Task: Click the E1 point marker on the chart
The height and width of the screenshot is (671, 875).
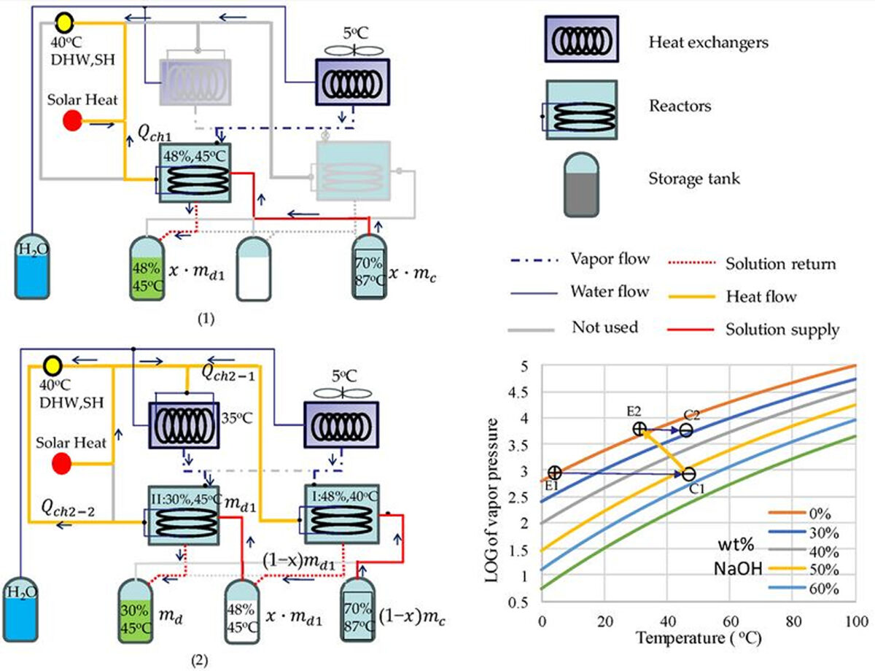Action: click(x=554, y=473)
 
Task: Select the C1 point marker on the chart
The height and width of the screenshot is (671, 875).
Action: click(x=688, y=474)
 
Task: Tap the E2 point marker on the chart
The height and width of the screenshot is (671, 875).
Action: click(x=639, y=429)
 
